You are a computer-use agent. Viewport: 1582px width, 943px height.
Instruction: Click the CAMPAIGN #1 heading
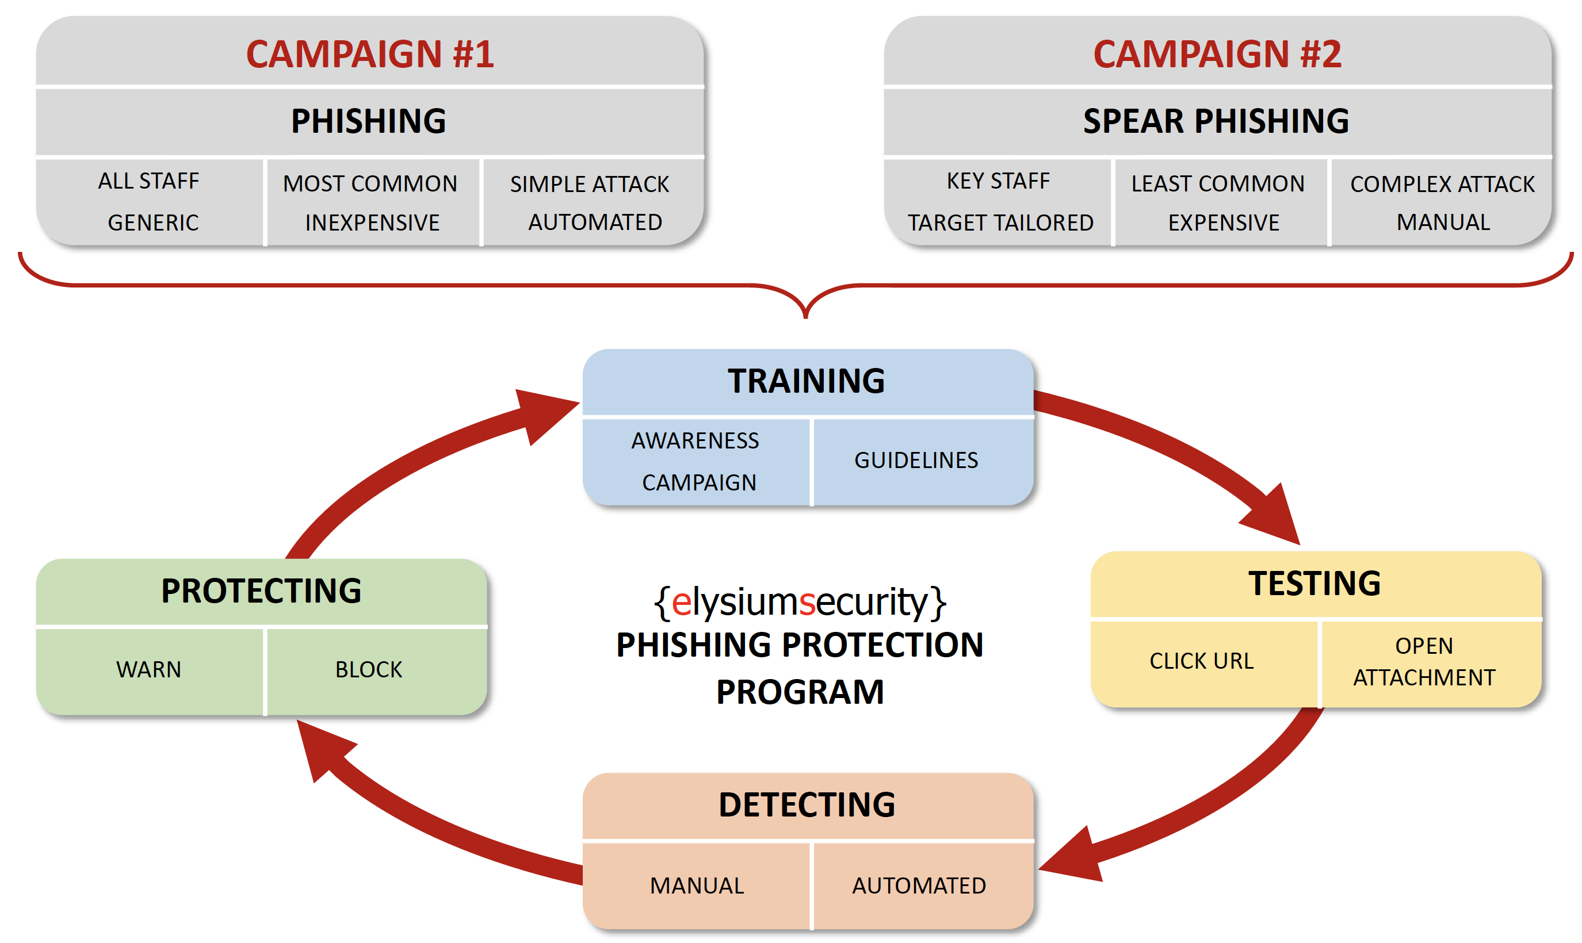[370, 54]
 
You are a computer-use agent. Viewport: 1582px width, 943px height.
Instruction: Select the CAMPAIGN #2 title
[1217, 54]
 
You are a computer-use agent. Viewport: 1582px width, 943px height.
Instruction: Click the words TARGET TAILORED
[1000, 223]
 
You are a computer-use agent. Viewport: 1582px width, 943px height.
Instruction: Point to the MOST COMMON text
[370, 183]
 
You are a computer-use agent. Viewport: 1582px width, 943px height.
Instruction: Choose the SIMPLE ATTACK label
[589, 184]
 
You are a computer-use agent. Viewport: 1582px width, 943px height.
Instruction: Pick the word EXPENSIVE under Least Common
[1223, 223]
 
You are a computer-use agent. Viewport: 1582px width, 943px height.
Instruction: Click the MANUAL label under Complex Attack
[1443, 222]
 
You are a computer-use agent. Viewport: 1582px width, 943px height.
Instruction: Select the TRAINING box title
[806, 381]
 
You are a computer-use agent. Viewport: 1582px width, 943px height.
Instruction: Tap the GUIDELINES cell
[915, 460]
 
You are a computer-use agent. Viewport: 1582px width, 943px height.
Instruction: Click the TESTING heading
[1314, 584]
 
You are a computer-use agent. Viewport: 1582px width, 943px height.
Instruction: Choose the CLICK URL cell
[1201, 661]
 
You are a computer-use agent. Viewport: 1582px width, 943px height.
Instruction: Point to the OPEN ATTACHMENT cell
[1424, 661]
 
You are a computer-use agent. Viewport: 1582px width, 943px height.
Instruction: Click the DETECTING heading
[806, 804]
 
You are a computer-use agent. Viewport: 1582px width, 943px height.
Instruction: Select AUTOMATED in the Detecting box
[919, 885]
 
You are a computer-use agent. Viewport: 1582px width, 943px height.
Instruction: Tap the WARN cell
[149, 669]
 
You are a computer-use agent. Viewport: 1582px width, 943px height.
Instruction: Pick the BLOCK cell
[369, 669]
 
